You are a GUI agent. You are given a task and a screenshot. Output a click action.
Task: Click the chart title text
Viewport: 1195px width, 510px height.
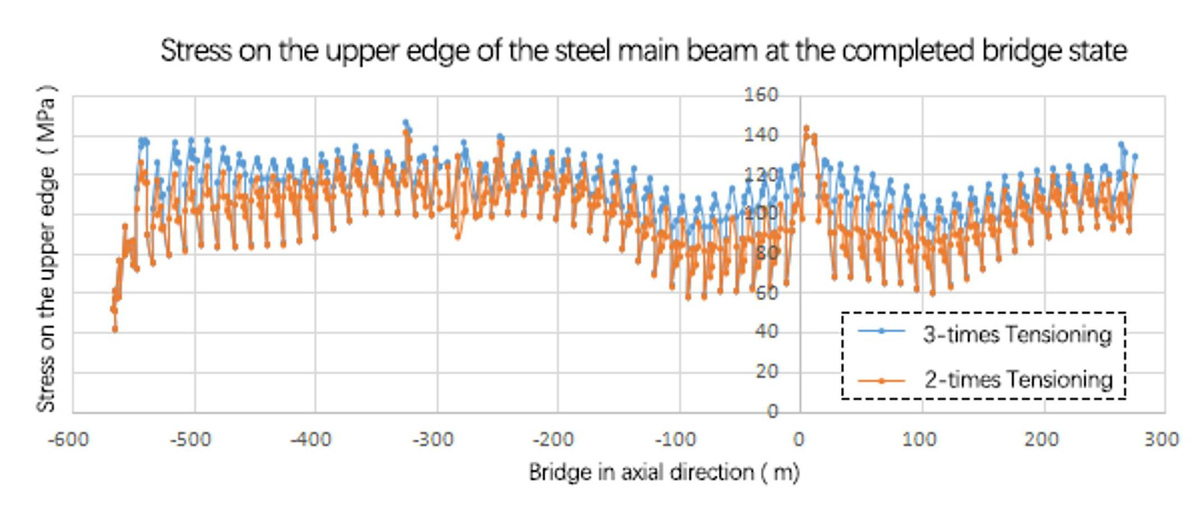(x=643, y=51)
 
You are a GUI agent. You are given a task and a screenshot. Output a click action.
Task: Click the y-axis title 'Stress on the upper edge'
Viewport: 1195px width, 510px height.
(x=47, y=249)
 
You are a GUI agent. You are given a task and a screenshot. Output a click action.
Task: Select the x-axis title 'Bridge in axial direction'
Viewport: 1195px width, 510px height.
(x=664, y=472)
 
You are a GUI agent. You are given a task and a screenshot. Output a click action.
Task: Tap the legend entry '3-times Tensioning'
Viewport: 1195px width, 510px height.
(x=1017, y=335)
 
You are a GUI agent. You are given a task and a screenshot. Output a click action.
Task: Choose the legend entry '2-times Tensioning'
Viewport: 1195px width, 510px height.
(x=1018, y=380)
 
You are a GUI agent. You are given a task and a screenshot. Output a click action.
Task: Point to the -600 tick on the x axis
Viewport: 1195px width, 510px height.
(x=68, y=439)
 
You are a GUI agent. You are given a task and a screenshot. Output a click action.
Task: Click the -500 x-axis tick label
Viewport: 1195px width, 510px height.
(x=190, y=439)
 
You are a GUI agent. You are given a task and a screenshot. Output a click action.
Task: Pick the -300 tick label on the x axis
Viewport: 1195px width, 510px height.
(x=433, y=439)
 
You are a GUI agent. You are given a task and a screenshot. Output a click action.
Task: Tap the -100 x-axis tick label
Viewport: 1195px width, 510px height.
(x=675, y=439)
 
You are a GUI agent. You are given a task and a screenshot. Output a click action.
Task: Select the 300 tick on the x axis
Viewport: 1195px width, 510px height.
(x=1161, y=439)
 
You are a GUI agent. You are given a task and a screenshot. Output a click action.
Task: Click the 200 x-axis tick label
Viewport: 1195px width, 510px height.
(x=1041, y=439)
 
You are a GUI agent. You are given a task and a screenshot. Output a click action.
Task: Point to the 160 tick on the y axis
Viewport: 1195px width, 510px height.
(x=761, y=95)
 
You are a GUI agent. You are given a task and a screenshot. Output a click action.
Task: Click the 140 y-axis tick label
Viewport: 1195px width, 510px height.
(x=761, y=135)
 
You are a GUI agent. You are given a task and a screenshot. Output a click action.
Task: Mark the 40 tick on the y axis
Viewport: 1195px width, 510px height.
(x=766, y=331)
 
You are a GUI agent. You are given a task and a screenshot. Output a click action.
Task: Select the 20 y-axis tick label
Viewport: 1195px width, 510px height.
(x=766, y=371)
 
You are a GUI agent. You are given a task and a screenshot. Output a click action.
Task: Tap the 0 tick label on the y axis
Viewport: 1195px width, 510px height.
(x=773, y=411)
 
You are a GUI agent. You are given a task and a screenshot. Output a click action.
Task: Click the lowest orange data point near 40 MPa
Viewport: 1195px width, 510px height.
(x=115, y=330)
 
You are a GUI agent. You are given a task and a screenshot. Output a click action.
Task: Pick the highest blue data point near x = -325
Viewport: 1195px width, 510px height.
(x=406, y=122)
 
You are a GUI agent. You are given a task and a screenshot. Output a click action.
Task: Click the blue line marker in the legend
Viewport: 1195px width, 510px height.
(x=881, y=331)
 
